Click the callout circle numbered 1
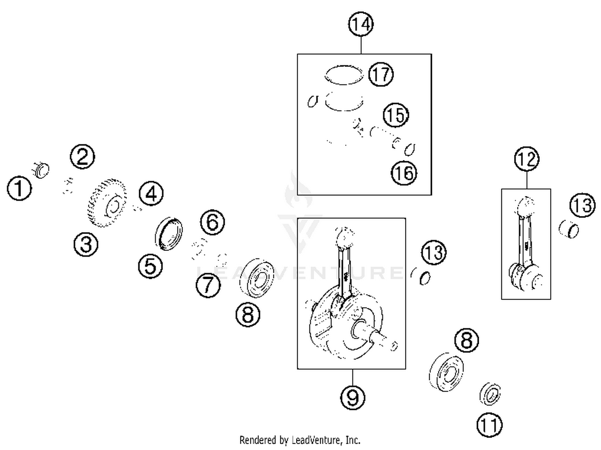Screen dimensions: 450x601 pos(19,188)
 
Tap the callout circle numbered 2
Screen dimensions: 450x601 pos(82,156)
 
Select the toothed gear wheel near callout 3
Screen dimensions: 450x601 pos(107,203)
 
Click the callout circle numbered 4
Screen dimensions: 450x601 pos(151,194)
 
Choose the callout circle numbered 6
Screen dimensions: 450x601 pos(212,222)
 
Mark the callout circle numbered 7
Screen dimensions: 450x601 pos(208,285)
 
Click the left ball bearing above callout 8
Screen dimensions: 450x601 pos(256,278)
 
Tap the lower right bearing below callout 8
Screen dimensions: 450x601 pos(446,372)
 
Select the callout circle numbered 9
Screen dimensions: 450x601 pos(353,397)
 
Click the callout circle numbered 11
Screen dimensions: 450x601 pos(489,425)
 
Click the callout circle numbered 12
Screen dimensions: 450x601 pos(526,159)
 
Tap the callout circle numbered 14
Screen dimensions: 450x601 pos(361,24)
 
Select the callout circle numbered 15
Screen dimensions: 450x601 pos(396,115)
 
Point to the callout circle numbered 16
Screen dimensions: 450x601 pos(404,173)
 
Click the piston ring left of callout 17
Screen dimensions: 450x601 pos(344,75)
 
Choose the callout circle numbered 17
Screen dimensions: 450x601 pos(381,74)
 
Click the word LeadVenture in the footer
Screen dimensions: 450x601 pos(316,440)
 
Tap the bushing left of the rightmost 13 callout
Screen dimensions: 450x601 pos(569,229)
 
